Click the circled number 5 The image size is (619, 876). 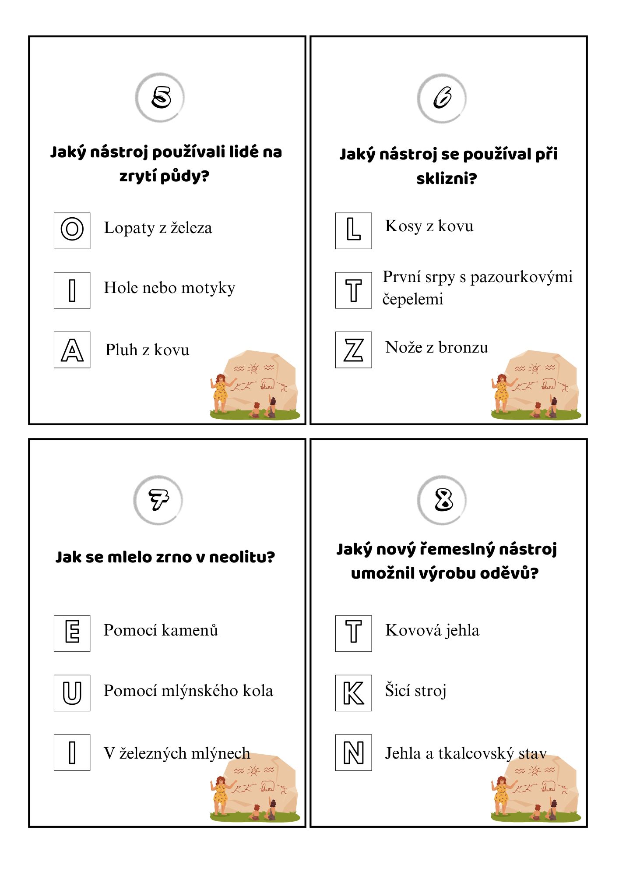[160, 97]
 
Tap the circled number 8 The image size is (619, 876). [442, 500]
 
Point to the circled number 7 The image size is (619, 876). [158, 500]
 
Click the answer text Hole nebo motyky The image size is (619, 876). [169, 288]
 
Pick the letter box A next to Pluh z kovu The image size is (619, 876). [72, 350]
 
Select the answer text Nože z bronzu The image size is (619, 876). [436, 347]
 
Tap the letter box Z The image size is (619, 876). [353, 350]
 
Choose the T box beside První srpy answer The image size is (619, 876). [353, 290]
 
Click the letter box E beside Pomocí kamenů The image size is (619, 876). [72, 633]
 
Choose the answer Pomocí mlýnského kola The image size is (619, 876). [188, 691]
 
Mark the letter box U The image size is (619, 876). [72, 692]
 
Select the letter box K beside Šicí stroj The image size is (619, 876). [353, 692]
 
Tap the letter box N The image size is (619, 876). [353, 752]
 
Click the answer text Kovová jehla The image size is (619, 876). [432, 630]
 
